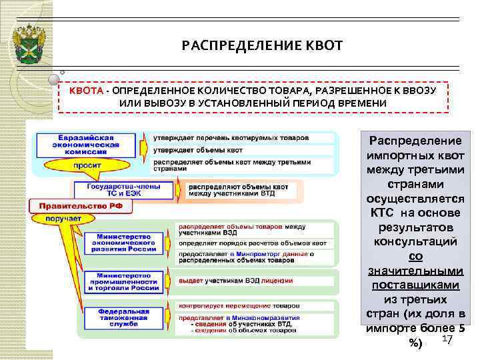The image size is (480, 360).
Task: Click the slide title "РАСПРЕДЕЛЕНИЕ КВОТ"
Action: pyautogui.click(x=261, y=46)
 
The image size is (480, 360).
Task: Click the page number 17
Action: pyautogui.click(x=447, y=341)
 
